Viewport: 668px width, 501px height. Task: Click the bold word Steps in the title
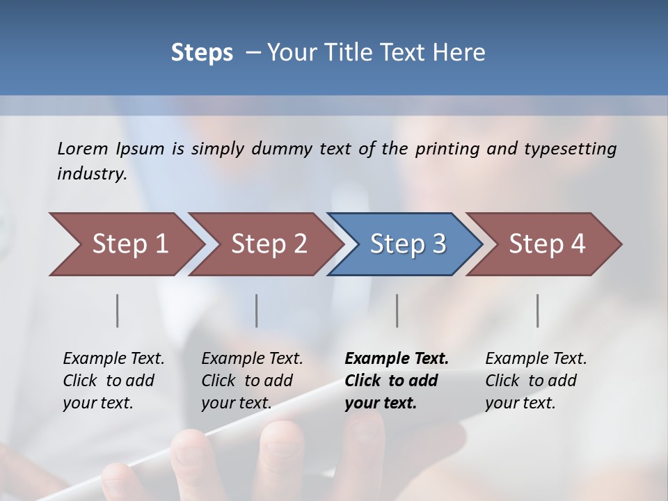[x=202, y=53]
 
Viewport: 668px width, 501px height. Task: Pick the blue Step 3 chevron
[x=408, y=244]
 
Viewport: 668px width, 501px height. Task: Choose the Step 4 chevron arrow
[x=547, y=244]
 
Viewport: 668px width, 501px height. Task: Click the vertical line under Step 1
[x=118, y=310]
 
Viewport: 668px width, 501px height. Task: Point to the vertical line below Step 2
[x=257, y=310]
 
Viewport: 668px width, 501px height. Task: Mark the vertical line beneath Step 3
[x=397, y=310]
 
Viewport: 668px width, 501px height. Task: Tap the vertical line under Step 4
[x=538, y=310]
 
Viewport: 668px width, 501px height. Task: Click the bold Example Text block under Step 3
[x=397, y=381]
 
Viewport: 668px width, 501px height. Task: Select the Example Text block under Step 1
[x=113, y=381]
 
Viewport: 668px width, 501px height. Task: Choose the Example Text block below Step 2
[x=252, y=381]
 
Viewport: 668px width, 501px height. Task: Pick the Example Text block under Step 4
[x=536, y=381]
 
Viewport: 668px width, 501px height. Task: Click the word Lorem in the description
[x=83, y=148]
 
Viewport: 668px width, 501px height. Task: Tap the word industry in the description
[x=92, y=174]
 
